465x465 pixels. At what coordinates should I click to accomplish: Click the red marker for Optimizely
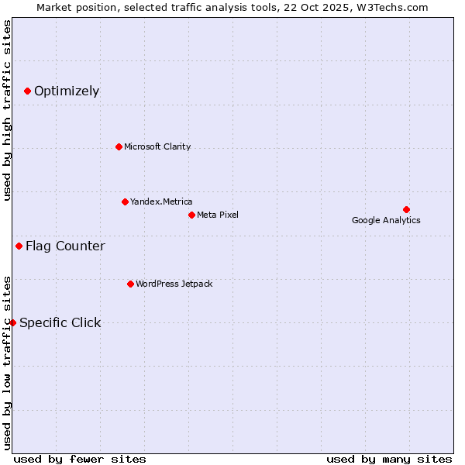point(27,91)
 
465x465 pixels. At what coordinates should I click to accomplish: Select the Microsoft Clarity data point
point(119,146)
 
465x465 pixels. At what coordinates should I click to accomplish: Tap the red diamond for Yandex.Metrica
point(125,201)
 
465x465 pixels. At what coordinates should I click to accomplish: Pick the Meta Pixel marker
point(191,215)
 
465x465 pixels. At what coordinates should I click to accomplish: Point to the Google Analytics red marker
point(406,209)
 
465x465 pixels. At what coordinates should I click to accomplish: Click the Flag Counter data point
point(19,246)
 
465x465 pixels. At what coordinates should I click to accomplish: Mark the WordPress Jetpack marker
point(130,284)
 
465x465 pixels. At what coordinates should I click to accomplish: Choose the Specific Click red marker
point(12,322)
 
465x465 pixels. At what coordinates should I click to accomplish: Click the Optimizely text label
point(67,91)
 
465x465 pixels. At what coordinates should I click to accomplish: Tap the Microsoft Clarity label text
point(157,146)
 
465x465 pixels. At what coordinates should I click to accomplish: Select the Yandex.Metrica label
point(161,201)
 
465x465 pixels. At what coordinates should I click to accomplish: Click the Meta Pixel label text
point(218,215)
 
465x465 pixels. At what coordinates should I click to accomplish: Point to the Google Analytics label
point(386,220)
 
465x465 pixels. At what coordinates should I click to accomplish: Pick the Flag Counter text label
point(65,246)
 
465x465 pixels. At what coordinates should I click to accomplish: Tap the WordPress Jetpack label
point(174,284)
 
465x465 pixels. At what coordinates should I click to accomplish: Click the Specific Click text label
point(60,322)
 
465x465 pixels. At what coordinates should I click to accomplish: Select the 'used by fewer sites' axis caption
point(80,459)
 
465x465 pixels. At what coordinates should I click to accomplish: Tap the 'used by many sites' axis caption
point(389,459)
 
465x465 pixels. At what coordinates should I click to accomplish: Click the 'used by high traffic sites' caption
point(8,110)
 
